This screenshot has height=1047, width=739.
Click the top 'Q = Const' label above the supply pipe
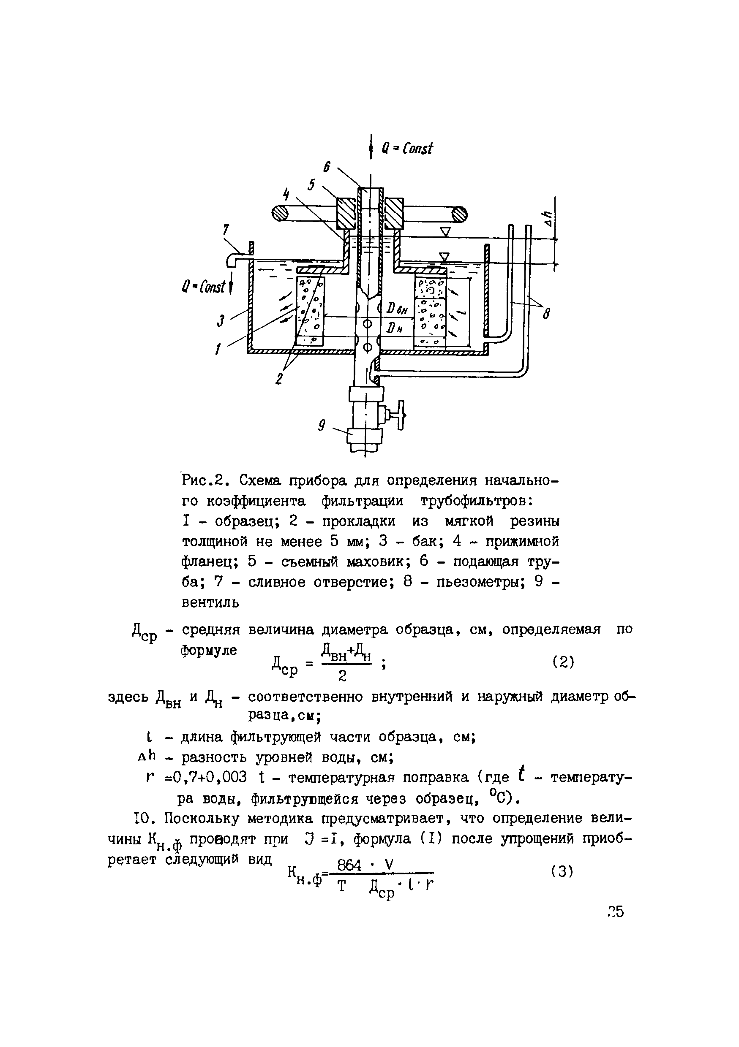pos(407,149)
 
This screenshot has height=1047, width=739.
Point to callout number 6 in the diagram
pos(327,167)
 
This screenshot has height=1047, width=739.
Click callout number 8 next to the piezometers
pos(546,313)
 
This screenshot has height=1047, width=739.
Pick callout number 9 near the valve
pos(322,426)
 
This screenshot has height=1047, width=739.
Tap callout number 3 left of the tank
pos(221,320)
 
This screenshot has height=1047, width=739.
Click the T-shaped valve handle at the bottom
pos(401,415)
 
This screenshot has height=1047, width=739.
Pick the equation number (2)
pos(562,662)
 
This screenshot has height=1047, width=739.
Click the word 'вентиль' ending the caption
pos(210,603)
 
